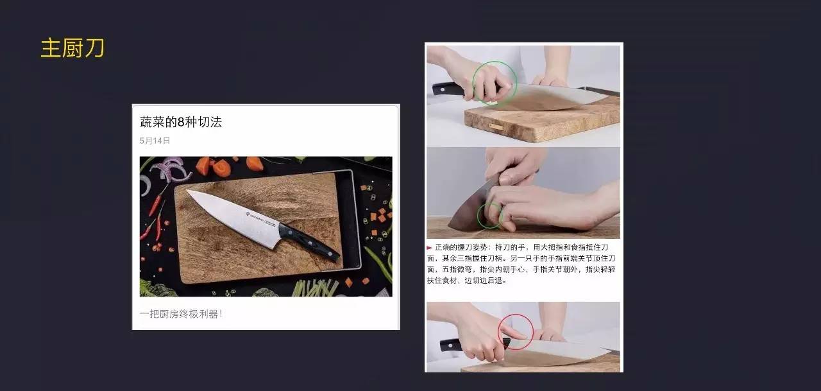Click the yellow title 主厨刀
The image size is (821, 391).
click(72, 48)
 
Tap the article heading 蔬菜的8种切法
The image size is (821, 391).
click(181, 122)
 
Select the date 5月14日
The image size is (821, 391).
click(155, 141)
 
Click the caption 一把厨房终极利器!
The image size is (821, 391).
click(181, 314)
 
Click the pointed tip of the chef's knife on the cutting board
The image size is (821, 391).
click(187, 191)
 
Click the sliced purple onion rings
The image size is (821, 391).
click(169, 169)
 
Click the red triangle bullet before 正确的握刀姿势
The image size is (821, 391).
click(430, 248)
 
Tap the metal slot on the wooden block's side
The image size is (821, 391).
click(496, 126)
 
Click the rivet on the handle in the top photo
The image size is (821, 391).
click(443, 89)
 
